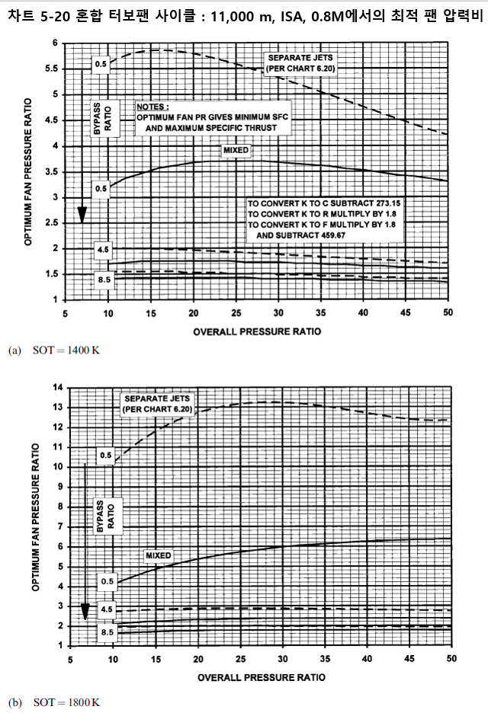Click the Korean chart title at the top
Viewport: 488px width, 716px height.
point(244,12)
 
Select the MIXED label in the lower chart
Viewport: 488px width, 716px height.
point(158,555)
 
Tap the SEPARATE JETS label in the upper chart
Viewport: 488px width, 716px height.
point(300,63)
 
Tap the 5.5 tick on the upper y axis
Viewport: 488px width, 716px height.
point(53,69)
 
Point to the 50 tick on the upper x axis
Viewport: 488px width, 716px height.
point(448,313)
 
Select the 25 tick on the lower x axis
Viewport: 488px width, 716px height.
point(241,660)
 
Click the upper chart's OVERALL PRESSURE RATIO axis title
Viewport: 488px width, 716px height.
point(256,331)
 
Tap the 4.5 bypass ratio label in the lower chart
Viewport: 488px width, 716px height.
point(108,609)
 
